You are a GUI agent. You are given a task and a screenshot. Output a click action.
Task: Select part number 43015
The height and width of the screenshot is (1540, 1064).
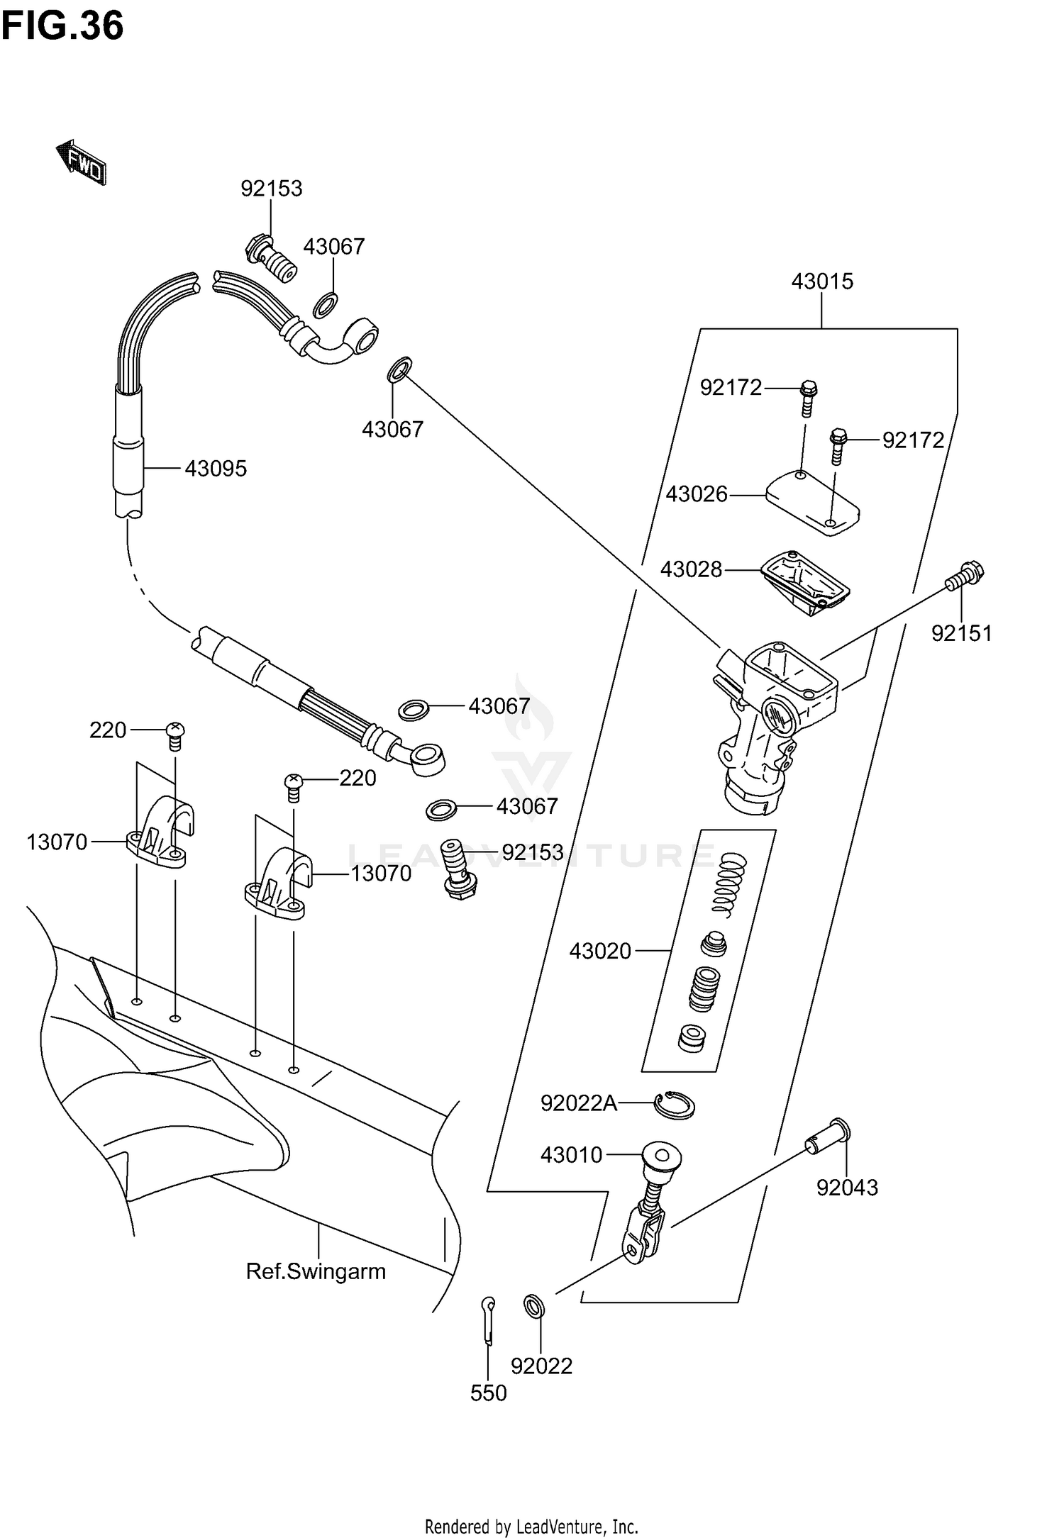(x=822, y=281)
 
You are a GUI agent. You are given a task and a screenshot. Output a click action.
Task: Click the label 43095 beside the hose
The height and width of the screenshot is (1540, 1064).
(x=216, y=469)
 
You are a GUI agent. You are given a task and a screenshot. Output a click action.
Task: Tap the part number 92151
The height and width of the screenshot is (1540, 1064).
(x=961, y=633)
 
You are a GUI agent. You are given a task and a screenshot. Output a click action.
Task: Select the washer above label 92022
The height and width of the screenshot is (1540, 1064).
(x=533, y=1306)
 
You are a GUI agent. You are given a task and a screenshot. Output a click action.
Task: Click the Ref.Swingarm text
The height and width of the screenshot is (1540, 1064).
(x=316, y=1271)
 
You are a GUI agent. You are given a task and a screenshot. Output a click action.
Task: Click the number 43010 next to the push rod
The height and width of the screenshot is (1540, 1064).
(x=571, y=1155)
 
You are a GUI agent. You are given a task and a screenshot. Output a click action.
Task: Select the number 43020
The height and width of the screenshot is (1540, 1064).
(x=600, y=951)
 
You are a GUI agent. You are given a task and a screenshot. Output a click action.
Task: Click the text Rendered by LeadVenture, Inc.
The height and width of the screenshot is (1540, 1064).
(x=531, y=1526)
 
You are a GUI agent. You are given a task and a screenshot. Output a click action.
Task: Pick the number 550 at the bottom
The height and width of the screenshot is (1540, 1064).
(x=488, y=1393)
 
